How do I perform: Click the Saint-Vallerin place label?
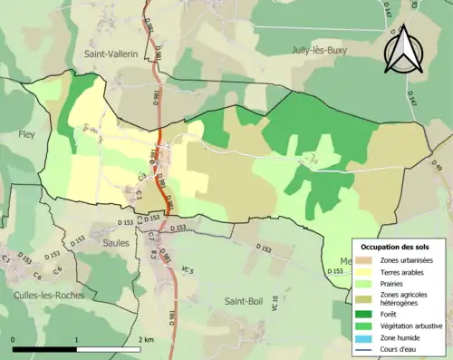(111, 54)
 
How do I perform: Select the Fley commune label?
(24, 135)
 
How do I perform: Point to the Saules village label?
(115, 243)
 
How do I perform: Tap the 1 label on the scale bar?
(77, 339)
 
